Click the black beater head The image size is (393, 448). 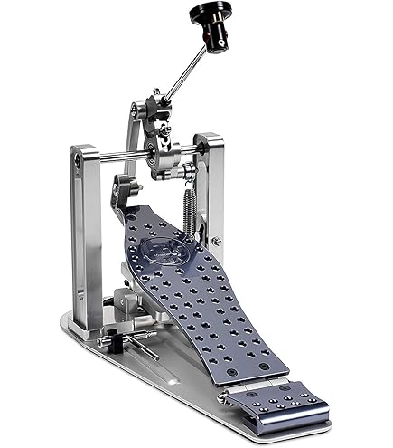[210, 15]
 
